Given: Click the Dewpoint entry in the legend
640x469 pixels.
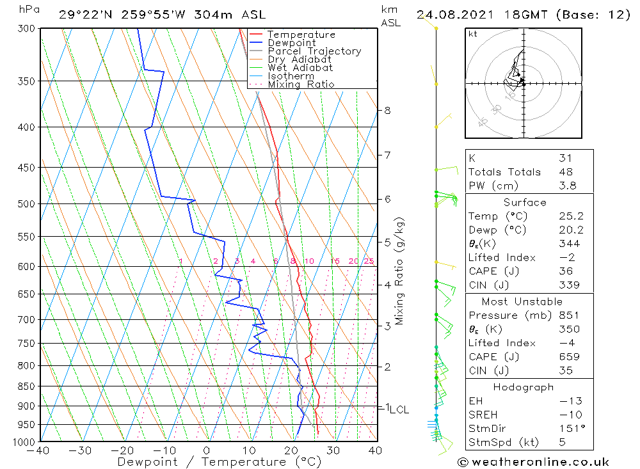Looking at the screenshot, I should point(291,43).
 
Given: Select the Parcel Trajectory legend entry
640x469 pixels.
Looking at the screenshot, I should point(314,51).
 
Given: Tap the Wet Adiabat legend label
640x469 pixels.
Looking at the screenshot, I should point(300,68).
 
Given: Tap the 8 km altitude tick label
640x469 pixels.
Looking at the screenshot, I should point(387,110).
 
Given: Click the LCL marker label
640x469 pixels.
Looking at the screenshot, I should point(399,409).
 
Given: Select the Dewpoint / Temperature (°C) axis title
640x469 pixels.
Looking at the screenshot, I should point(220,461).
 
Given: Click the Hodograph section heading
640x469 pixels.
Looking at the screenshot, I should point(524,387).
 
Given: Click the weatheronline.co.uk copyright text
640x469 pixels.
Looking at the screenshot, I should point(533,462).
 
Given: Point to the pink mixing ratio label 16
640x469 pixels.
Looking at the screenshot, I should point(335,261).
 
